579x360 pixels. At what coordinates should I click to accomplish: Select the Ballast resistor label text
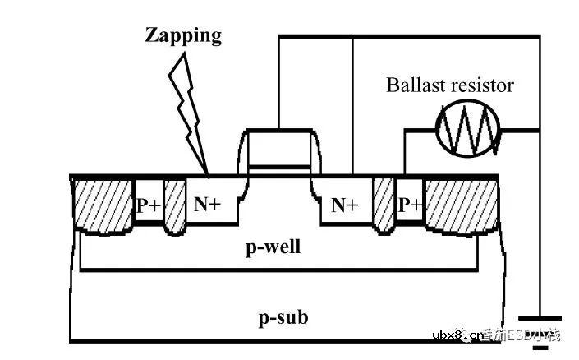(x=450, y=85)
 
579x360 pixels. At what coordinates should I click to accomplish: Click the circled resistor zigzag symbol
(x=467, y=128)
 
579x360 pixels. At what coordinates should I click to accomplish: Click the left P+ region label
(x=149, y=205)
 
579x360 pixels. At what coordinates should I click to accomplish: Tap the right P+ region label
(x=410, y=205)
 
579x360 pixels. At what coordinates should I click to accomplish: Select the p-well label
(x=273, y=246)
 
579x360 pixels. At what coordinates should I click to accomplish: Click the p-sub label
(x=284, y=316)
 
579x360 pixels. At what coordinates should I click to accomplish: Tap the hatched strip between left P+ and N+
(x=175, y=205)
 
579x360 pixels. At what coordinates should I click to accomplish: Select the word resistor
(x=483, y=85)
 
